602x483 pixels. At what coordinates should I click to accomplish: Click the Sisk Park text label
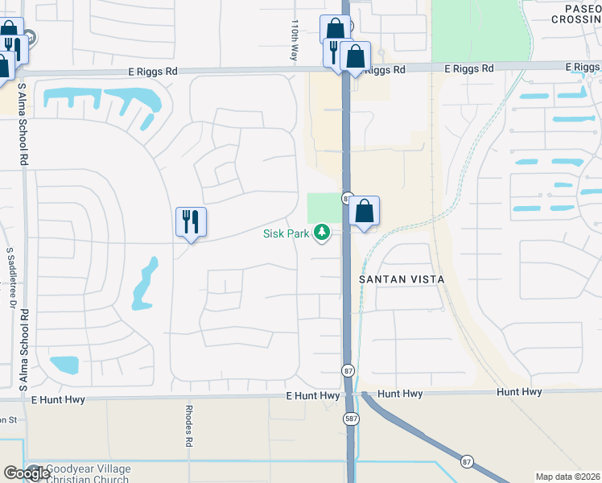pyautogui.click(x=287, y=233)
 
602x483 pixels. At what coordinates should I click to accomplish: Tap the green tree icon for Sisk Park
pyautogui.click(x=323, y=233)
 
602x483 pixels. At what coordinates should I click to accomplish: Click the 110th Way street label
pyautogui.click(x=295, y=40)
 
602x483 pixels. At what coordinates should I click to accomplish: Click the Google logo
pyautogui.click(x=26, y=473)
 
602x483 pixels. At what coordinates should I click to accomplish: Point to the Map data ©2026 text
pyautogui.click(x=567, y=477)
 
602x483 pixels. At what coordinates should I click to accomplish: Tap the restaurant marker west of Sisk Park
pyautogui.click(x=192, y=222)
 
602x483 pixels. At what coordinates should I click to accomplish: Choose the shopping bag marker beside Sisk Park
pyautogui.click(x=365, y=212)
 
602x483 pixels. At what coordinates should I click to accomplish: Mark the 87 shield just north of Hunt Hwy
pyautogui.click(x=348, y=370)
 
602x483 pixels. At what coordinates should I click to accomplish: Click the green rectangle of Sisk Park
pyautogui.click(x=324, y=208)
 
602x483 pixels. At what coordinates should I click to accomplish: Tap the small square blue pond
pyautogui.click(x=64, y=364)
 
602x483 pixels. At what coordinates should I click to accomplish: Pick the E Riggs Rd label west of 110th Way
pyautogui.click(x=153, y=72)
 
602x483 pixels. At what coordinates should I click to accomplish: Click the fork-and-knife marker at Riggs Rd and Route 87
pyautogui.click(x=334, y=52)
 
